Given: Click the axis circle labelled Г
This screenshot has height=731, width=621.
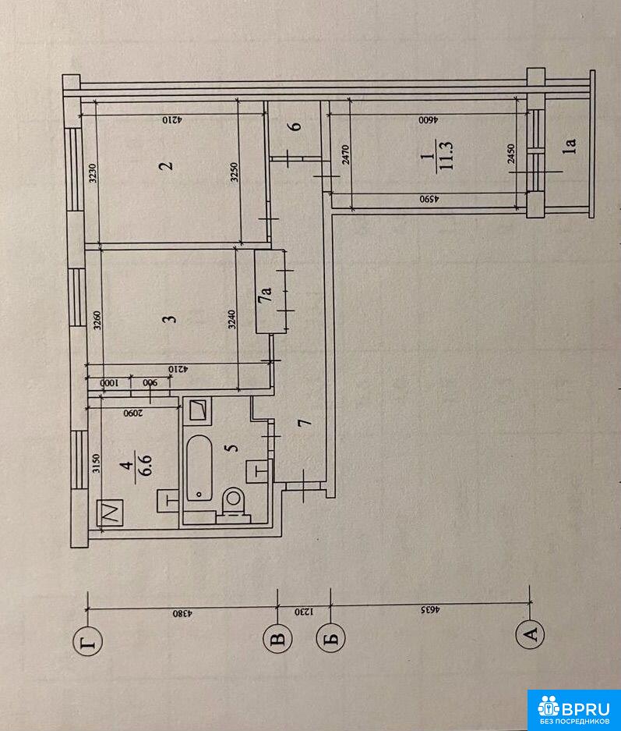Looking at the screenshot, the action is (x=89, y=643).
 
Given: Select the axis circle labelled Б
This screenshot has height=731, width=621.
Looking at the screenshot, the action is (x=330, y=638).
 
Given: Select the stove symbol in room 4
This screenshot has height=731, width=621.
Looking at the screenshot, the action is (x=111, y=513).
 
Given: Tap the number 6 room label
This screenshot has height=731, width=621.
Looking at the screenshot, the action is (x=295, y=126).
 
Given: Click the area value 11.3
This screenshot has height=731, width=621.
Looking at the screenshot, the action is (x=446, y=156).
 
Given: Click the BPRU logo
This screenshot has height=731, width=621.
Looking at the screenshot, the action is (x=574, y=710).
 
